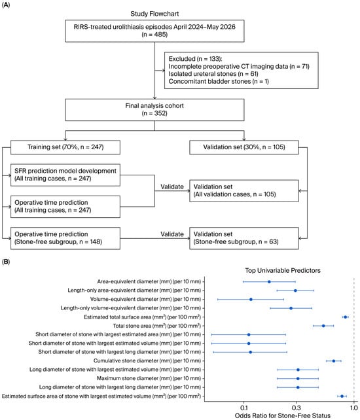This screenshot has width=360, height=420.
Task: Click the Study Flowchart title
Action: click(x=154, y=14)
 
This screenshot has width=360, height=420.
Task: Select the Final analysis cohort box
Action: click(x=154, y=110)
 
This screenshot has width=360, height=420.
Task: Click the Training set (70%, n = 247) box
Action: click(x=65, y=147)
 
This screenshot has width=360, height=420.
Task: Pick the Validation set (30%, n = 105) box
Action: click(x=244, y=147)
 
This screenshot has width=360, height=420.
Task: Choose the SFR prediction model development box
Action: click(x=65, y=175)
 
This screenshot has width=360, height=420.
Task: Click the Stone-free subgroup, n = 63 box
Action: click(x=244, y=238)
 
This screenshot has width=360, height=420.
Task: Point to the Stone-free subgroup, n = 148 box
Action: click(x=65, y=238)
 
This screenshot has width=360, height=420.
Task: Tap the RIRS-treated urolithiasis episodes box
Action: click(x=154, y=31)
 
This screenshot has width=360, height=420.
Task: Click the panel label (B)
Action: click(x=6, y=262)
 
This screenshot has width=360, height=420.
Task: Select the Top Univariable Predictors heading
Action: click(x=283, y=271)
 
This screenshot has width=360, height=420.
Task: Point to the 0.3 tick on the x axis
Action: click(x=297, y=408)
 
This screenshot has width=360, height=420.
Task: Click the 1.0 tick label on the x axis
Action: click(x=354, y=408)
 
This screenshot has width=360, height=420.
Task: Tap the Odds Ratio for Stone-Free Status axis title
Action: click(x=283, y=415)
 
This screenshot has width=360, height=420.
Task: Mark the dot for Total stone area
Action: click(x=323, y=326)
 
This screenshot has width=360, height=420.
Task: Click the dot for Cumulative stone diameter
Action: click(x=334, y=361)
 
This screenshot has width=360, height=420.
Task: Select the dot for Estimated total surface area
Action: click(x=345, y=317)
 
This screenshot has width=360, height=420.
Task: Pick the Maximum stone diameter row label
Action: click(x=149, y=378)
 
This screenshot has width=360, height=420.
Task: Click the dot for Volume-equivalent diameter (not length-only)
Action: click(x=251, y=299)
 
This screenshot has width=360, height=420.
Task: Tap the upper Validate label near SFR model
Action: click(x=172, y=186)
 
